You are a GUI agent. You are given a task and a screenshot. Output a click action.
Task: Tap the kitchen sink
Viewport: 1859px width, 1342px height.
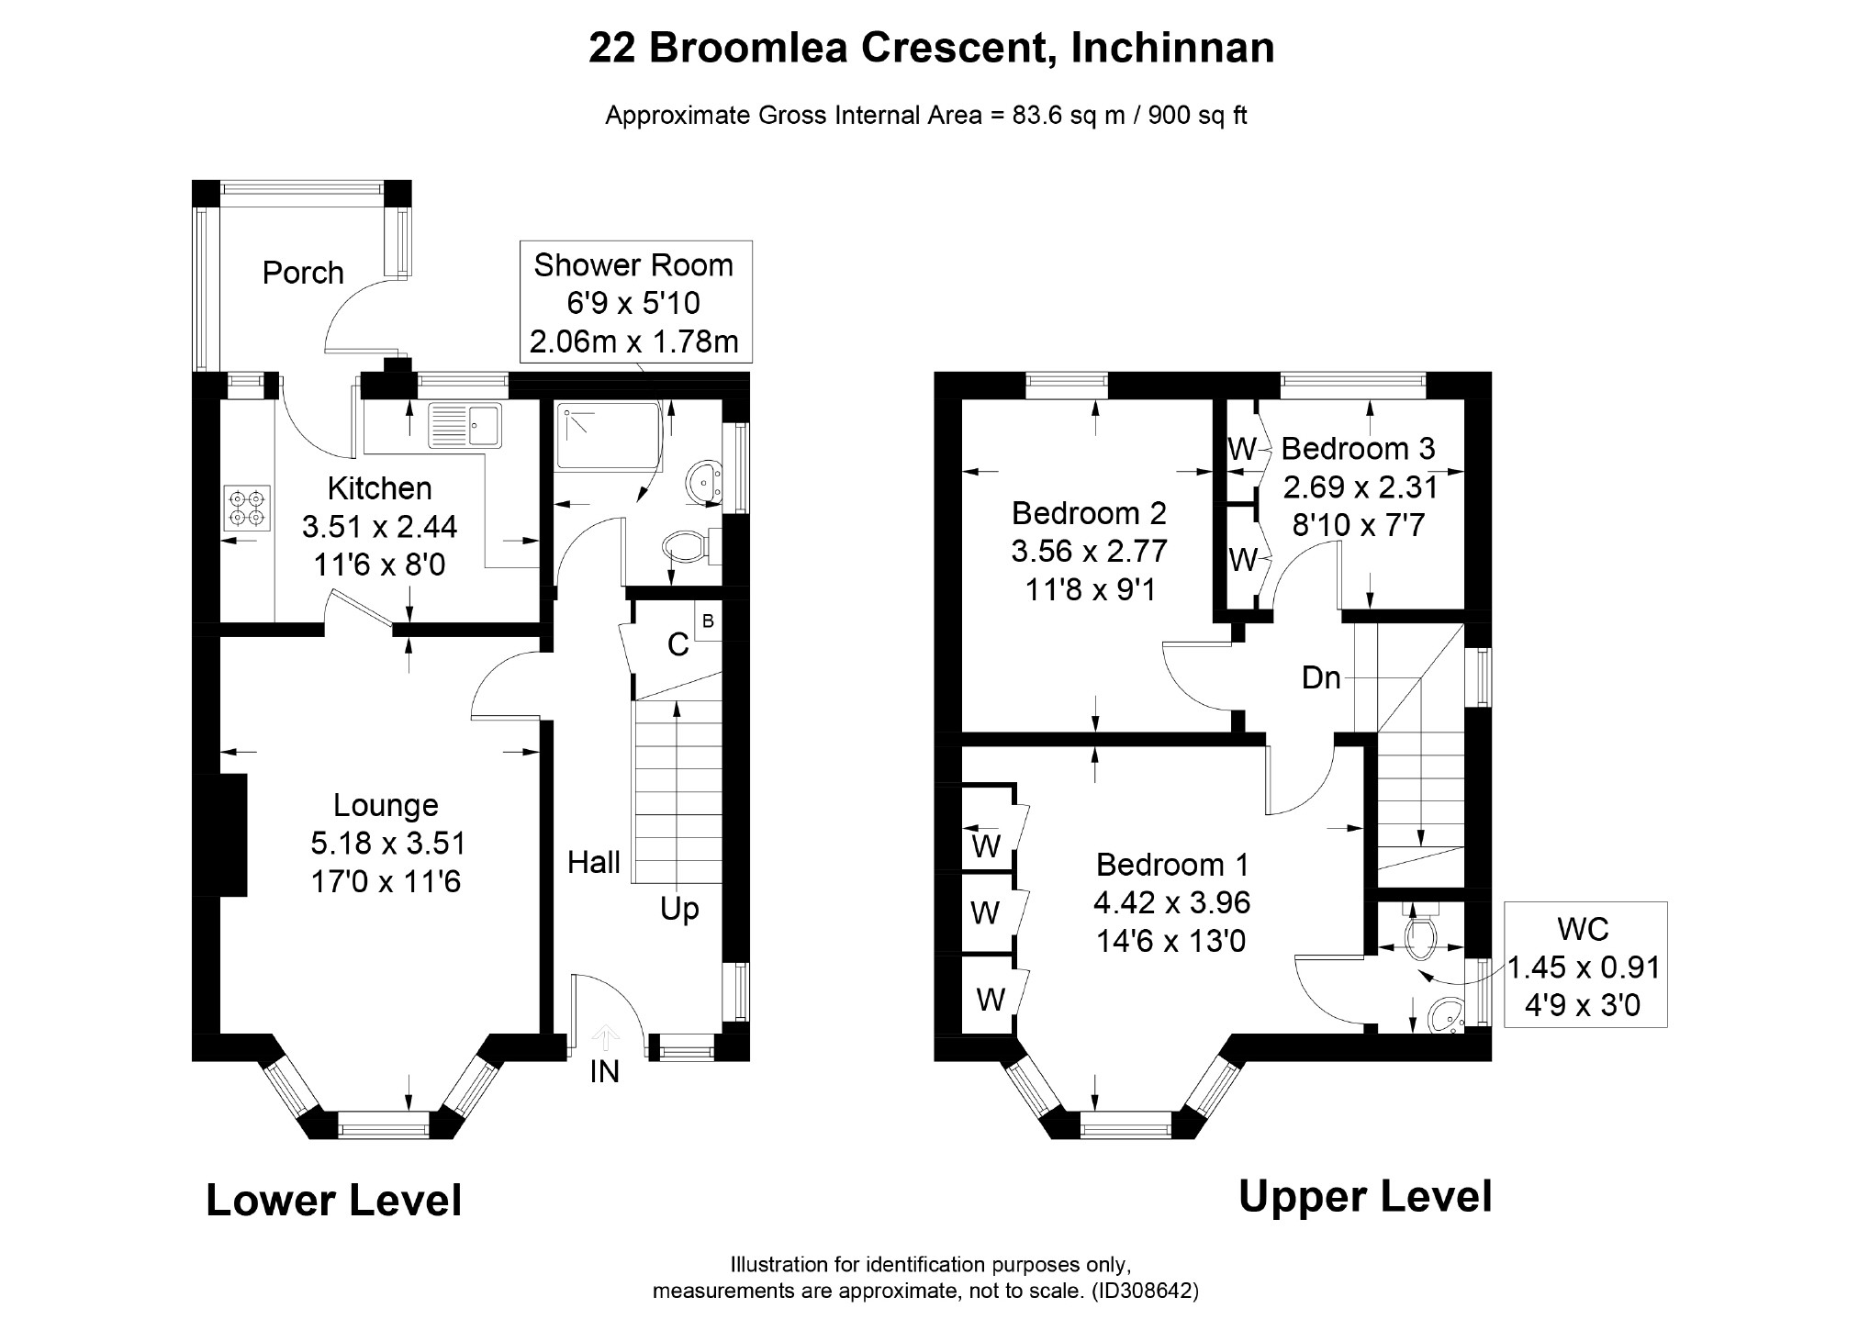[465, 425]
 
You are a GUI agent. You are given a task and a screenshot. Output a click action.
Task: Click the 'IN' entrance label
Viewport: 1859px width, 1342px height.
[604, 1071]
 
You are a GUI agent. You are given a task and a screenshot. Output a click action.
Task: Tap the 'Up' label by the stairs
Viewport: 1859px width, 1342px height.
[679, 910]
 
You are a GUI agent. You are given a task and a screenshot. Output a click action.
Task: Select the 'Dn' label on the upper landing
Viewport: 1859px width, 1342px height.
[1321, 678]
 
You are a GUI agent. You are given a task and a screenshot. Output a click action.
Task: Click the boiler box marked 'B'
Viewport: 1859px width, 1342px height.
[708, 621]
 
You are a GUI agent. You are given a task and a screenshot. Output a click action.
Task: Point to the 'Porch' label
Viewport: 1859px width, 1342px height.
[303, 273]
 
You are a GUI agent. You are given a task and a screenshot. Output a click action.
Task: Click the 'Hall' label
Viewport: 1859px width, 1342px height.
[594, 862]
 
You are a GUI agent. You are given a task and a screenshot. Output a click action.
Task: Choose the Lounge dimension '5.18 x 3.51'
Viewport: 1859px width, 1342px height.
[388, 843]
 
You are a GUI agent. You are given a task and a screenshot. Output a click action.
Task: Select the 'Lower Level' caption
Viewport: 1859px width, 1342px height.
[334, 1200]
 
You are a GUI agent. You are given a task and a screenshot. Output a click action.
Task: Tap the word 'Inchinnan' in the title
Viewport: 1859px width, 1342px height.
[1172, 48]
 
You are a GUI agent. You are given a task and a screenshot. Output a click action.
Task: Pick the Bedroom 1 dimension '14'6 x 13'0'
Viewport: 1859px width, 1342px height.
[1171, 941]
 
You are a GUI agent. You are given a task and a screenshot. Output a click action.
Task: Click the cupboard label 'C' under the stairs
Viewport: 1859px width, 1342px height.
[678, 645]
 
